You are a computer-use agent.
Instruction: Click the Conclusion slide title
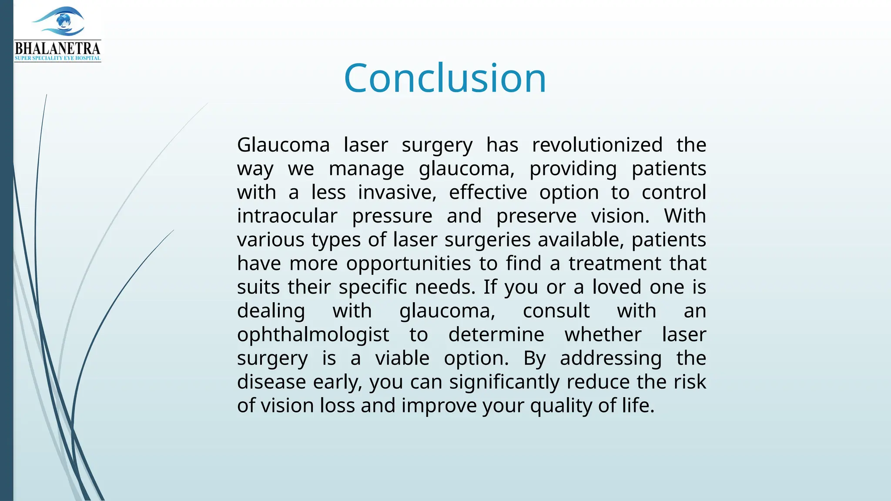(445, 78)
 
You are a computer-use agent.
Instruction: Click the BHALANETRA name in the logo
(57, 48)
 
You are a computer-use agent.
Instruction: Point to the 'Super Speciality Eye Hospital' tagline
(57, 58)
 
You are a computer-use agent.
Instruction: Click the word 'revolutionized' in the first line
(597, 145)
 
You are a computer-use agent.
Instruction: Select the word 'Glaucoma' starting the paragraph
(283, 145)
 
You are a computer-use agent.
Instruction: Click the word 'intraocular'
(287, 216)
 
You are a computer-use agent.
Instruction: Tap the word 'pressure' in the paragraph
(392, 216)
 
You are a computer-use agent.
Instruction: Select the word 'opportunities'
(409, 264)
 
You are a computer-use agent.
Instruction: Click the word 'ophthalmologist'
(313, 335)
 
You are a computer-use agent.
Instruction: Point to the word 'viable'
(402, 358)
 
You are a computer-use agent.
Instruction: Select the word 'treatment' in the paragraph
(615, 264)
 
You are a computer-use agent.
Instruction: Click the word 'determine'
(496, 335)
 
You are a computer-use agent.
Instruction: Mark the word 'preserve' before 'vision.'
(536, 216)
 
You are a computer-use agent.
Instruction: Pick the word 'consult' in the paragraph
(556, 311)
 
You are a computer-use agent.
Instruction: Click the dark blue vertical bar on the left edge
(7, 261)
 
